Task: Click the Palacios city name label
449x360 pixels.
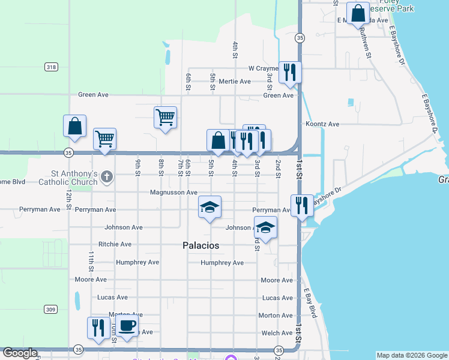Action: click(200, 246)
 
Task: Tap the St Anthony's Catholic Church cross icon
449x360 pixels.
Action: click(107, 176)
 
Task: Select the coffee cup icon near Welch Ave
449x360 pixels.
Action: click(126, 326)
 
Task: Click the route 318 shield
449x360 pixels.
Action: click(51, 67)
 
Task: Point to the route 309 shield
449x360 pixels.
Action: click(51, 309)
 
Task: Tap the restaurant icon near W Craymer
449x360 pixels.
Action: click(290, 72)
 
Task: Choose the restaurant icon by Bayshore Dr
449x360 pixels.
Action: click(302, 205)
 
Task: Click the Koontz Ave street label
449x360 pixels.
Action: click(322, 124)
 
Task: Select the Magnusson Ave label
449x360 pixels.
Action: click(173, 193)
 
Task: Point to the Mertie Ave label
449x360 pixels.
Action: click(235, 82)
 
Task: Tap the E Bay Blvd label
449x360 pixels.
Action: click(312, 302)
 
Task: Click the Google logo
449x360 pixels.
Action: click(20, 353)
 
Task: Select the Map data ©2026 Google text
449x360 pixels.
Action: click(411, 355)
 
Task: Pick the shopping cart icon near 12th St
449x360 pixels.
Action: click(104, 139)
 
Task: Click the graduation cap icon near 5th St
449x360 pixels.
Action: click(209, 207)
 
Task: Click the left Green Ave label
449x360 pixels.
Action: click(93, 95)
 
